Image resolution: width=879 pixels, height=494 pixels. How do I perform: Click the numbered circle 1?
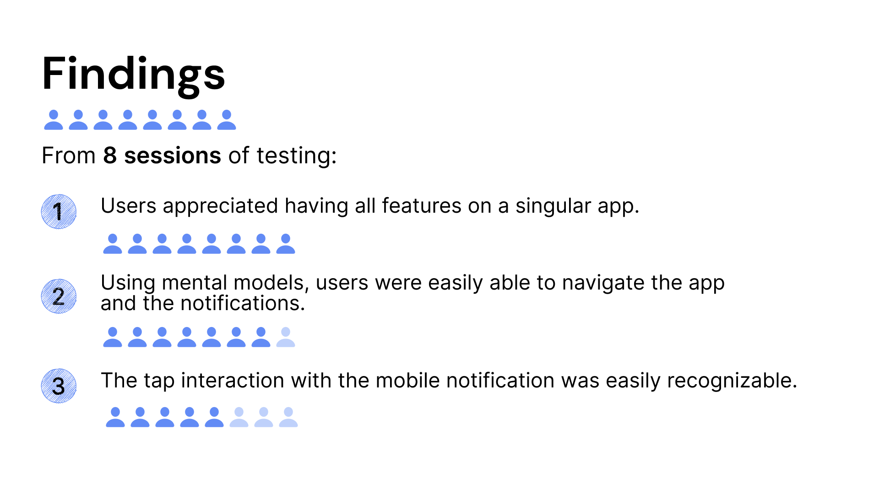click(59, 212)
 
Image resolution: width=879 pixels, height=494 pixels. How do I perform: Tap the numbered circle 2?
click(59, 296)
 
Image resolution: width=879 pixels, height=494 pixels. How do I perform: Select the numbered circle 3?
click(59, 386)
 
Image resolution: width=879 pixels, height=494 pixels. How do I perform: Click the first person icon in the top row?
click(54, 120)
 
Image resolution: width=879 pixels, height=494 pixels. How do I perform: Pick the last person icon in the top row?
click(227, 120)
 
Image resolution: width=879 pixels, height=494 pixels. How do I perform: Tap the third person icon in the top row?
click(103, 120)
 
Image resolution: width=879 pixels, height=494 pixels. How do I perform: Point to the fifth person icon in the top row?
click(152, 120)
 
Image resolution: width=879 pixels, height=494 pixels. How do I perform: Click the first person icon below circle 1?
click(113, 244)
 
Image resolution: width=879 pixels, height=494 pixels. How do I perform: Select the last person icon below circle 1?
click(286, 244)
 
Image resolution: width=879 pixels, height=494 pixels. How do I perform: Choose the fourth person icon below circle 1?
click(187, 244)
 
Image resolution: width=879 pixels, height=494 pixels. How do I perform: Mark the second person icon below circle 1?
click(137, 244)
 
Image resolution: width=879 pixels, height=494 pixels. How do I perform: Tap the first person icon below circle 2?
click(113, 338)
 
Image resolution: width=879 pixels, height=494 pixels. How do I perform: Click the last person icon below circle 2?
click(286, 338)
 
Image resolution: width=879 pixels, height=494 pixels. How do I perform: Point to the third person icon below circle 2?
click(162, 338)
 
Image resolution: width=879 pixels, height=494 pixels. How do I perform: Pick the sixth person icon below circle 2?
click(236, 338)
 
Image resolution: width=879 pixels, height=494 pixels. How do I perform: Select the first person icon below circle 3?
click(115, 418)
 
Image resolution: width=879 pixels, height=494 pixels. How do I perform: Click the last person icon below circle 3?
click(288, 418)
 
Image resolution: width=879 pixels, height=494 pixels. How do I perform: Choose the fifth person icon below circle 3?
click(214, 418)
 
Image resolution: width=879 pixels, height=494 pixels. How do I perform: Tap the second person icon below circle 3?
click(140, 418)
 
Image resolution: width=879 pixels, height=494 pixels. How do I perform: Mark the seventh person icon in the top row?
click(202, 120)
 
